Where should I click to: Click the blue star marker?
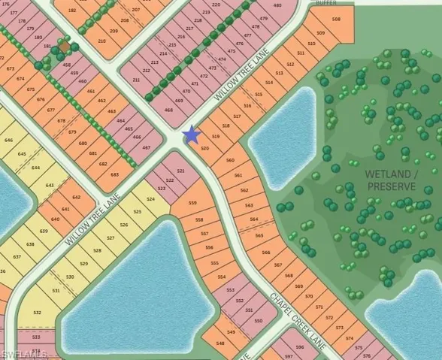[192, 135]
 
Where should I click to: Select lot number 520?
[204, 149]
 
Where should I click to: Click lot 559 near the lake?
[192, 204]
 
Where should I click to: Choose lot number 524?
[151, 199]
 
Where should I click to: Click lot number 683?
[114, 174]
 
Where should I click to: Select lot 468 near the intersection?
[168, 110]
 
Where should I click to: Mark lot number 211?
[136, 80]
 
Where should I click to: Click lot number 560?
[230, 161]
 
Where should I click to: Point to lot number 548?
[220, 343]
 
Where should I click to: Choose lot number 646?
[9, 140]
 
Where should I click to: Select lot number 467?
[147, 147]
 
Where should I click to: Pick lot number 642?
[76, 197]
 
